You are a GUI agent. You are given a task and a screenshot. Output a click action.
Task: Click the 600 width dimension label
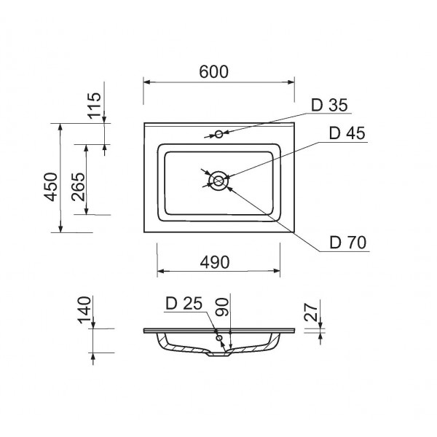pyautogui.click(x=213, y=71)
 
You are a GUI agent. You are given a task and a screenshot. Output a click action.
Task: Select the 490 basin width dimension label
pyautogui.click(x=215, y=262)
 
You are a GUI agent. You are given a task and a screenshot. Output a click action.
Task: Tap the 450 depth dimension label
pyautogui.click(x=51, y=186)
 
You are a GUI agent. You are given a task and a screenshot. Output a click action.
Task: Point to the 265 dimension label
pyautogui.click(x=79, y=186)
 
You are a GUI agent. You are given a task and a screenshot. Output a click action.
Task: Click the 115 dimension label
pyautogui.click(x=95, y=106)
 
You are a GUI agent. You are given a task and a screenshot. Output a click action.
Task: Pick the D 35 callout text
pyautogui.click(x=329, y=105)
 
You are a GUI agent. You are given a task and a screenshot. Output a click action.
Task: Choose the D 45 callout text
pyautogui.click(x=347, y=133)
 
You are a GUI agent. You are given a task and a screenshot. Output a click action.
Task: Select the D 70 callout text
pyautogui.click(x=348, y=243)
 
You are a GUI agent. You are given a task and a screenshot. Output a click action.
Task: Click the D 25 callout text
pyautogui.click(x=184, y=304)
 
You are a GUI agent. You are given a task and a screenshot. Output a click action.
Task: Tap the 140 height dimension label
pyautogui.click(x=84, y=310)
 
